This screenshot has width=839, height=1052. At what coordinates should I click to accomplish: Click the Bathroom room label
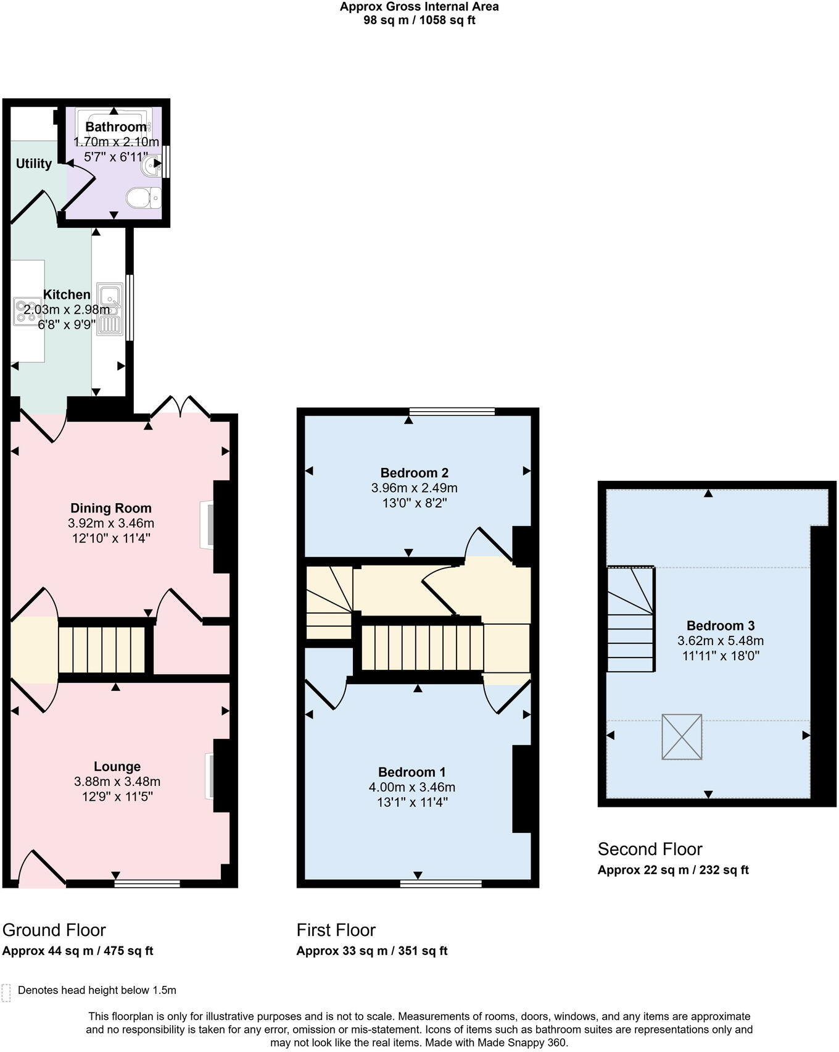(116, 127)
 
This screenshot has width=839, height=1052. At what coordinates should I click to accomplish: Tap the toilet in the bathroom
(143, 199)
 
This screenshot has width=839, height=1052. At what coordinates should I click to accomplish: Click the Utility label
(33, 164)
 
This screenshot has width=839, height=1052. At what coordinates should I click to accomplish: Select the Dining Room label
(110, 508)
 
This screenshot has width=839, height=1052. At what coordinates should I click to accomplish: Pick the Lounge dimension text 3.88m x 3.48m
(117, 782)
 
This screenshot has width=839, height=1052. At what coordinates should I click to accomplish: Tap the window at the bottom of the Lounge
(147, 884)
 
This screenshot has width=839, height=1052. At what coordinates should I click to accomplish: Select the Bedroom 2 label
(414, 473)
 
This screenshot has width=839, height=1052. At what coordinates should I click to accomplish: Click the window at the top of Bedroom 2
(452, 411)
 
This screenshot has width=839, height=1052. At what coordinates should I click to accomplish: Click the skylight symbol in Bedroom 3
(682, 737)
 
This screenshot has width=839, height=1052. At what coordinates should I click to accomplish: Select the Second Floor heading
(650, 849)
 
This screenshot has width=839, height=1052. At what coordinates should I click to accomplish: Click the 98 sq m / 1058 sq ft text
(419, 20)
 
